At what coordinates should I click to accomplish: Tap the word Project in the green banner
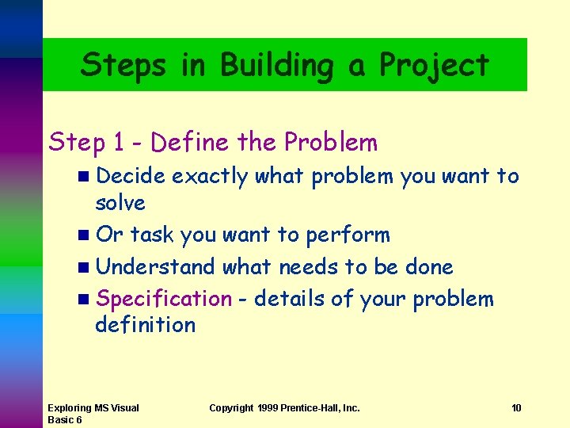click(x=435, y=65)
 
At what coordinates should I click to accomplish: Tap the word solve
click(x=120, y=203)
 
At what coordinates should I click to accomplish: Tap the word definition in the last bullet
click(x=145, y=324)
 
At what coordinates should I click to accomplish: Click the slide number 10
click(x=516, y=408)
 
